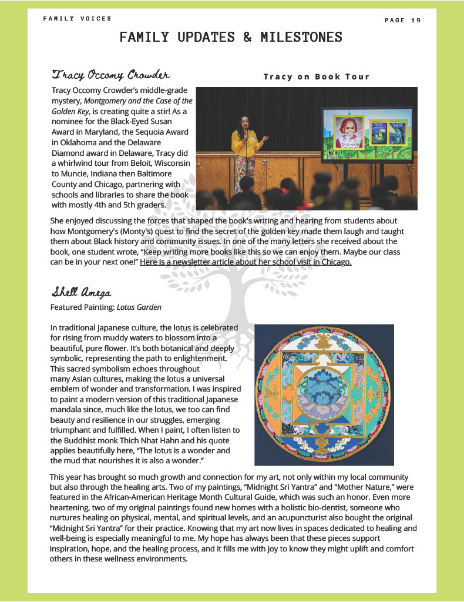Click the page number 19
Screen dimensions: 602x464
pyautogui.click(x=416, y=21)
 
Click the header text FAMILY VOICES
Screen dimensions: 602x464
pyautogui.click(x=77, y=19)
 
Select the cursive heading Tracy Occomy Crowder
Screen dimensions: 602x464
pyautogui.click(x=110, y=75)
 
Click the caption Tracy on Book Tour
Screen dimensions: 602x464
pyautogui.click(x=316, y=76)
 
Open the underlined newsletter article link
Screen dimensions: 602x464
pyautogui.click(x=246, y=262)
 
